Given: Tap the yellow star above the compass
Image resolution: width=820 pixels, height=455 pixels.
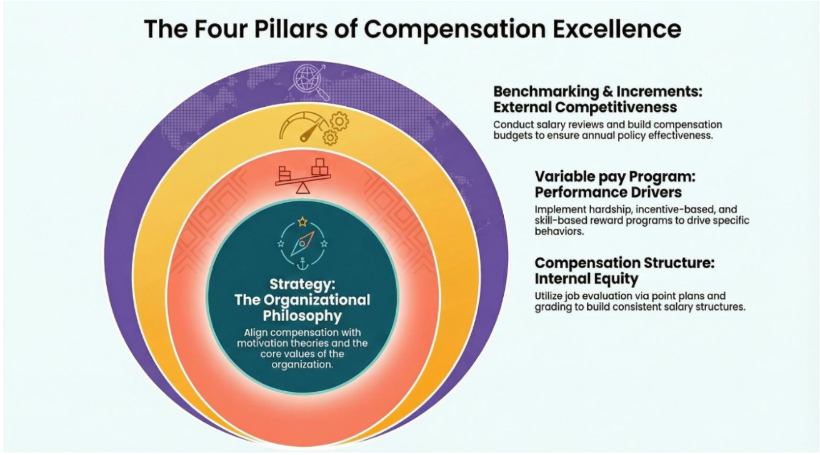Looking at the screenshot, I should pos(302,222).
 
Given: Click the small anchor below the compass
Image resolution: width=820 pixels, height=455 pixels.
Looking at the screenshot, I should pos(302,263).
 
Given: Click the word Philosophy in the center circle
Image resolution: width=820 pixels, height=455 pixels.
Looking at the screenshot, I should pos(302,314).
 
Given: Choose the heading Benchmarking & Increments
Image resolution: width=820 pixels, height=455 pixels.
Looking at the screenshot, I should pos(598,91).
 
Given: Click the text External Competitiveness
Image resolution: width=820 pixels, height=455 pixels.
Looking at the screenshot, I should pos(584,107).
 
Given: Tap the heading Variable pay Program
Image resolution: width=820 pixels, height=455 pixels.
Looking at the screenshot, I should pos(615,176).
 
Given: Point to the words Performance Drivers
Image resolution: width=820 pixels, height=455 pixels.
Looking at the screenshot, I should pos(607,192).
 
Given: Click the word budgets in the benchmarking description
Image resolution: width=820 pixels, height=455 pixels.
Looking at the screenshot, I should pos(514,136).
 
